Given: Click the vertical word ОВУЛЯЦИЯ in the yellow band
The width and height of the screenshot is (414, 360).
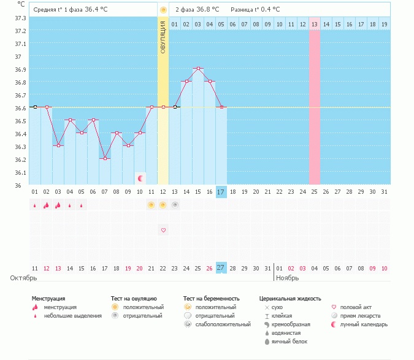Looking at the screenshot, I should click(163, 37).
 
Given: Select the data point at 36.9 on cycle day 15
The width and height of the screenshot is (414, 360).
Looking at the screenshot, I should click(198, 69).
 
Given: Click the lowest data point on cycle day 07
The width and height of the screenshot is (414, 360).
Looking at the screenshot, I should click(105, 159).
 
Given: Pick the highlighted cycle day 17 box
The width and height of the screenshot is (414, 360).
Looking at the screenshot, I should click(221, 192).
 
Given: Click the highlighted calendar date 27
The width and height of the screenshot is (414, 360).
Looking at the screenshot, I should click(221, 268).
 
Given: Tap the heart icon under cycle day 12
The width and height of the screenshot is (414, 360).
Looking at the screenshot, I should click(163, 230).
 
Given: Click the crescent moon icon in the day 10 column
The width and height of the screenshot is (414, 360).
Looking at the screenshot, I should click(140, 178).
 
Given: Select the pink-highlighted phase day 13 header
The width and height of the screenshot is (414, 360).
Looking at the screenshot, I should click(314, 24).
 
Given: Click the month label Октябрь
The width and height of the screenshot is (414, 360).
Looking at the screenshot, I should click(24, 278).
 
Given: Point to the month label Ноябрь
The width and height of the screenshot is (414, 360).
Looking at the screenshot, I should click(288, 278).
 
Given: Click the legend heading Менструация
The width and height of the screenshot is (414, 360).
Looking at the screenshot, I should click(48, 299).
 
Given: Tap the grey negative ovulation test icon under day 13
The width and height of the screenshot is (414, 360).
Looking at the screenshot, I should click(175, 205).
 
